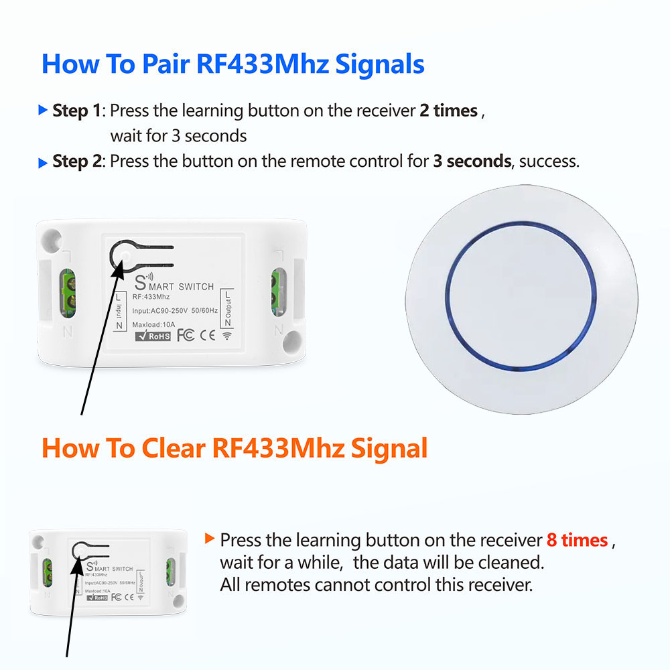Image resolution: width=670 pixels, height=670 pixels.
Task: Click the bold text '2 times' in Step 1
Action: pyautogui.click(x=448, y=111)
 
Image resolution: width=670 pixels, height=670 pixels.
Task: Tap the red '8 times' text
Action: pyautogui.click(x=577, y=540)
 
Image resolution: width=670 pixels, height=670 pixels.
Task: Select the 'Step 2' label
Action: pyautogui.click(x=79, y=161)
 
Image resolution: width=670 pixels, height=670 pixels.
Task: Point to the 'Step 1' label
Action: pyautogui.click(x=79, y=111)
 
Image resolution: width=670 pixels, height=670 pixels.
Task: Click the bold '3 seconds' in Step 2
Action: pyautogui.click(x=472, y=161)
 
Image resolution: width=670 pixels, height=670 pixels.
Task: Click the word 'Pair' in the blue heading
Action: pyautogui.click(x=166, y=65)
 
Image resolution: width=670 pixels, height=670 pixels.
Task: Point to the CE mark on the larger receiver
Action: pyautogui.click(x=209, y=335)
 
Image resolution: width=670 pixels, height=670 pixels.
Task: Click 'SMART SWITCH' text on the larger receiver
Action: pyautogui.click(x=174, y=285)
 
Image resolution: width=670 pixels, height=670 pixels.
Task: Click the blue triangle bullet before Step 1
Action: pyautogui.click(x=43, y=110)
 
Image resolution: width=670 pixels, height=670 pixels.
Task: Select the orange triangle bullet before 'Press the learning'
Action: pyautogui.click(x=210, y=539)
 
